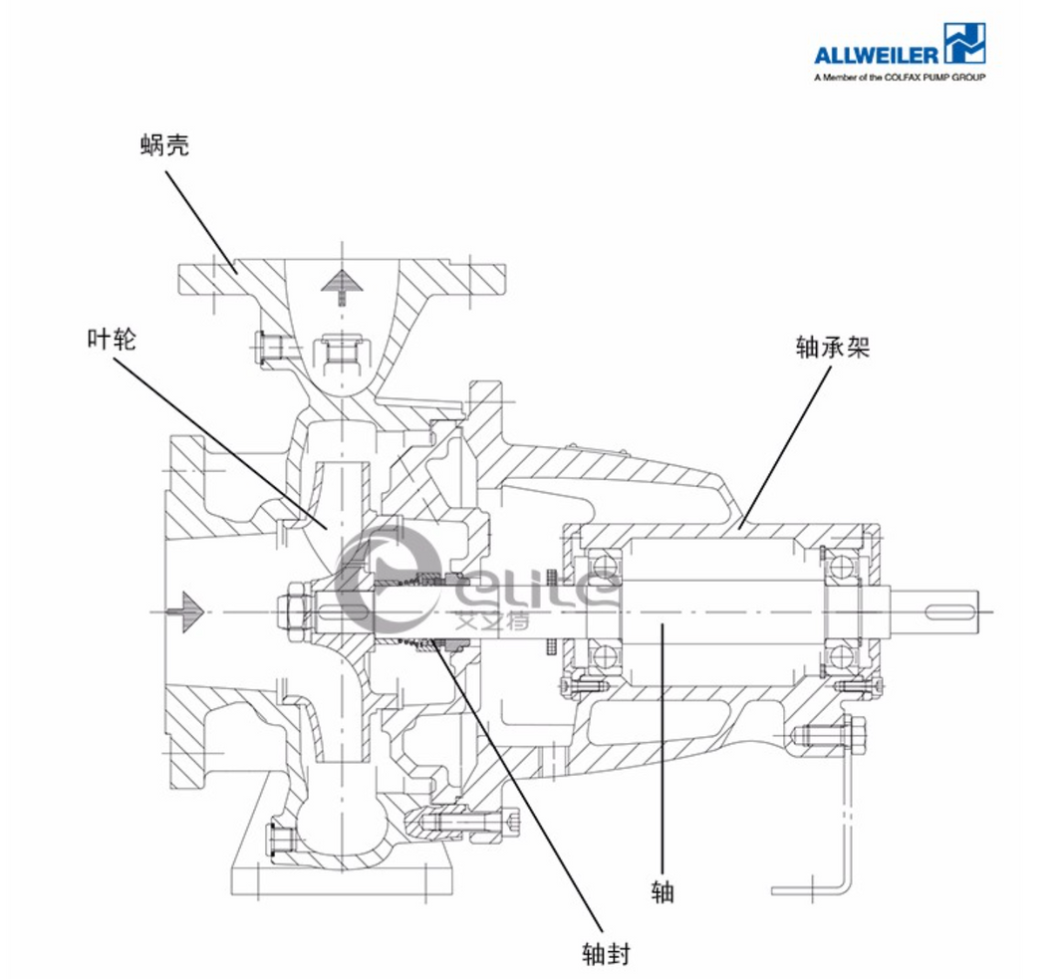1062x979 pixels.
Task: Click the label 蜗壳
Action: tap(164, 145)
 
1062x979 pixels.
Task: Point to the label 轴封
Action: tap(606, 953)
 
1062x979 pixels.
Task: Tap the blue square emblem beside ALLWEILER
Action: tap(965, 45)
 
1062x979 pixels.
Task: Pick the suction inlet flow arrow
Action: tap(187, 606)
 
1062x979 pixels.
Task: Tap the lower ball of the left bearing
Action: tap(604, 654)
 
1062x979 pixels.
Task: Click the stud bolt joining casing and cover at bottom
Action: tap(468, 823)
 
